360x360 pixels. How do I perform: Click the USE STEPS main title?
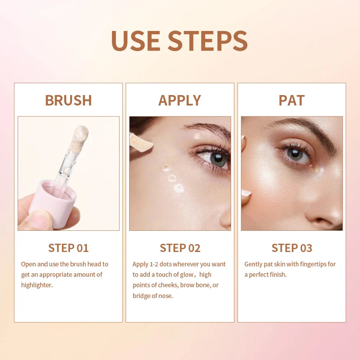click(179, 40)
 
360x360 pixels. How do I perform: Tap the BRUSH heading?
click(68, 100)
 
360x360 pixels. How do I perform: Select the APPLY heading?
click(180, 100)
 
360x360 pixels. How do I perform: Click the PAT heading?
click(292, 100)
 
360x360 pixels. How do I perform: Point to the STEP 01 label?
click(68, 248)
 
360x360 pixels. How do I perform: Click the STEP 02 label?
click(180, 248)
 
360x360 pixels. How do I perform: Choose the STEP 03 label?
click(292, 248)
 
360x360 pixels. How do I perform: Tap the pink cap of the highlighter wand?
click(54, 200)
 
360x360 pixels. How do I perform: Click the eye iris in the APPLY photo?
click(218, 159)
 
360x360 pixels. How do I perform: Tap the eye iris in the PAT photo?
click(295, 154)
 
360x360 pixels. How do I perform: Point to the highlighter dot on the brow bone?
click(198, 136)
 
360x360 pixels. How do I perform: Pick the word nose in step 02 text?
click(166, 296)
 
